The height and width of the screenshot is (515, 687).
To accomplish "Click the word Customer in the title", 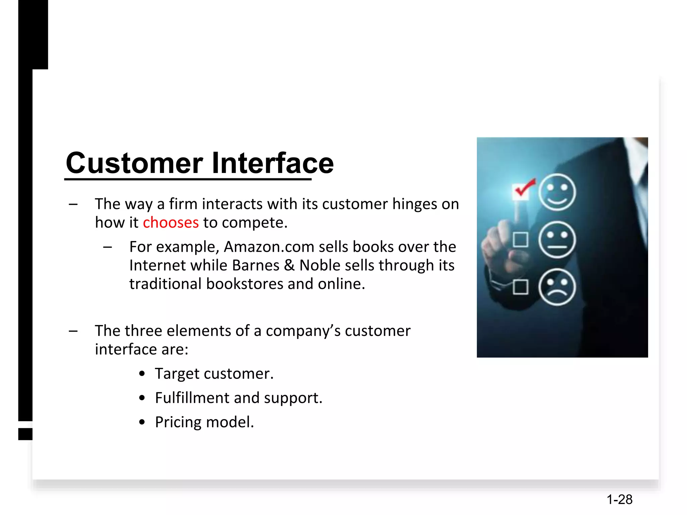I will (134, 163).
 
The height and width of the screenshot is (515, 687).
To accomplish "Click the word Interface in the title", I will (273, 163).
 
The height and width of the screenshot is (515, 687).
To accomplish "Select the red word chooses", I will (171, 223).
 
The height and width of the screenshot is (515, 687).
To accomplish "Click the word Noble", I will (320, 266).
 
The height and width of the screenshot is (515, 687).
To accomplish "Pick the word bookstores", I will (245, 284).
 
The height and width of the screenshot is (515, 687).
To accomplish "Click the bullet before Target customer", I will (142, 374).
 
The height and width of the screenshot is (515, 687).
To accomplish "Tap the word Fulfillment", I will (192, 398).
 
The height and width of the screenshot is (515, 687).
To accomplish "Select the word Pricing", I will (178, 422).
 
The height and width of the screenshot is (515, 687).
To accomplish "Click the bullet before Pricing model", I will (142, 422).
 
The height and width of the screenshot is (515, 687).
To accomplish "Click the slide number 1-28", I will (619, 500).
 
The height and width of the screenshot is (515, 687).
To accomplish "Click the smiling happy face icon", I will (557, 192).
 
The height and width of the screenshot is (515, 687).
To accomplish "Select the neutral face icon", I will (557, 240).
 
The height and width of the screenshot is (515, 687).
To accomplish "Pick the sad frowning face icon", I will (557, 287).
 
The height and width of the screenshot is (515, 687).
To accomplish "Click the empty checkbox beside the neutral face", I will (521, 240).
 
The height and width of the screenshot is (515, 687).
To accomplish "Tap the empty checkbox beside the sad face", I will (521, 287).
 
